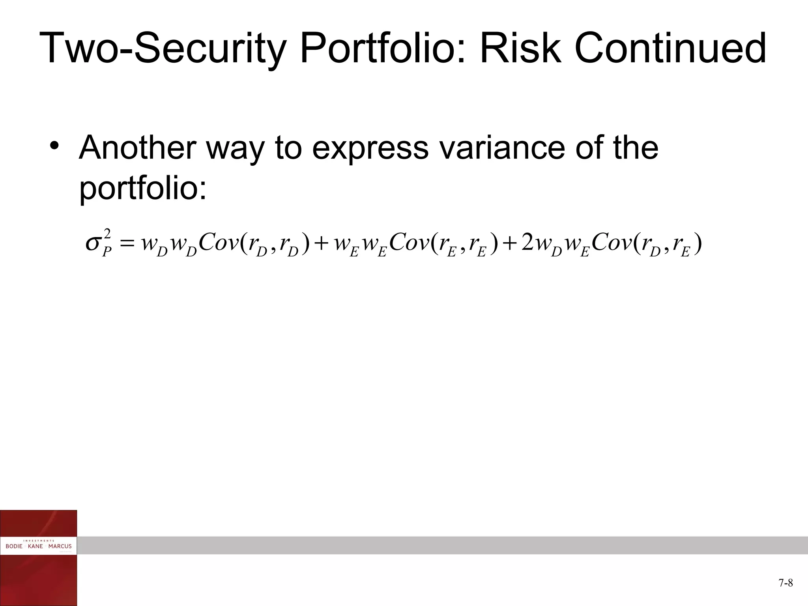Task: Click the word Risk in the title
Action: [x=520, y=49]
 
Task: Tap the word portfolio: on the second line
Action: [x=143, y=189]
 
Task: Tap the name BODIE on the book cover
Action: [x=14, y=546]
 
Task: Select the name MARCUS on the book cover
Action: [x=60, y=546]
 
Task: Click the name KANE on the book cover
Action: [x=36, y=546]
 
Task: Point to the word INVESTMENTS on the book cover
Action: [x=39, y=541]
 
